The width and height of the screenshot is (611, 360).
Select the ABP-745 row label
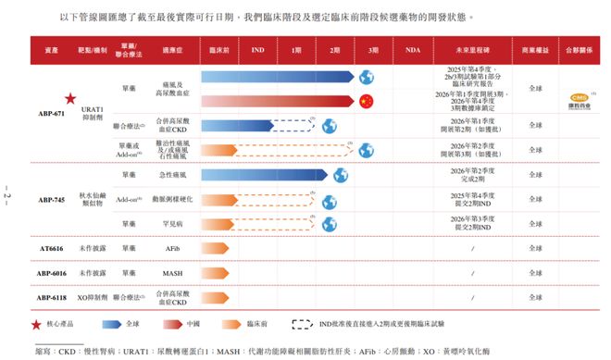pos(51,199)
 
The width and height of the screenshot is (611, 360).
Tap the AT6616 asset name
pos(51,249)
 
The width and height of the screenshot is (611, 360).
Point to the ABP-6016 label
pos(51,274)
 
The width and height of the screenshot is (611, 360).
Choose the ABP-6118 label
pos(51,298)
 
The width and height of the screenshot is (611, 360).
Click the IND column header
pos(258,53)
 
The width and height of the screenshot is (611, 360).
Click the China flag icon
pos(366,101)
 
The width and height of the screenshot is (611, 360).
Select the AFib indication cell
pos(171,249)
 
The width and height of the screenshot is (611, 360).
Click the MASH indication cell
pos(171,274)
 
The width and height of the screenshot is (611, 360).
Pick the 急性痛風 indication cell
pos(171,174)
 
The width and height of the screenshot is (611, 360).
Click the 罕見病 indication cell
pos(171,224)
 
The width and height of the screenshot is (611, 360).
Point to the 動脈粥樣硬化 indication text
pos(171,199)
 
